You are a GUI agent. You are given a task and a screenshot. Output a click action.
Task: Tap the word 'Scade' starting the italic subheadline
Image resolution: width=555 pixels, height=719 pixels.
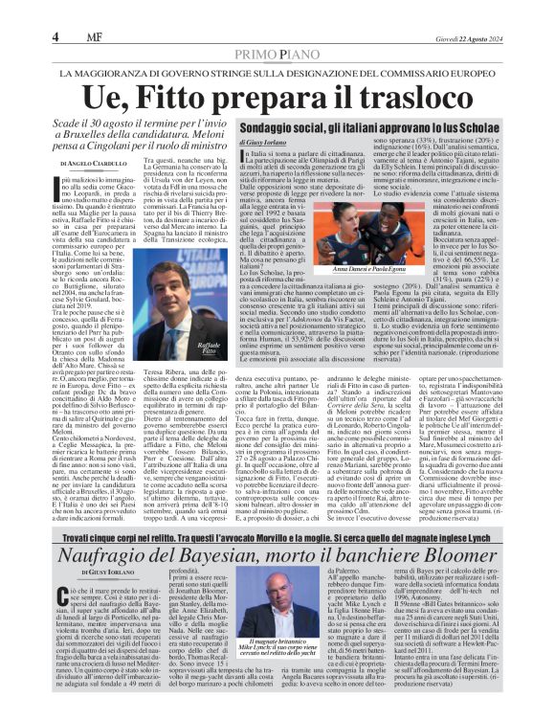tap(72, 126)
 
